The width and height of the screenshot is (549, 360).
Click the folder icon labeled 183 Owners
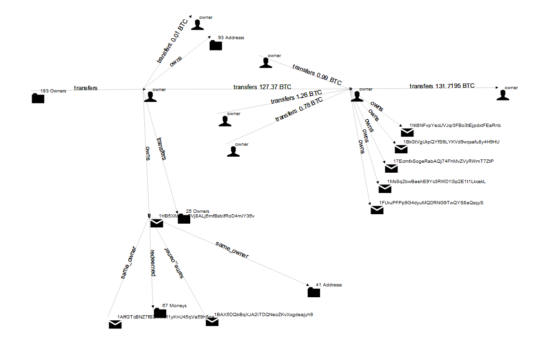(x=38, y=98)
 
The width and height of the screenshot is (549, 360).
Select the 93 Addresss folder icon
(x=216, y=45)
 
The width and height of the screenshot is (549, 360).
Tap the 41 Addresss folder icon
(x=313, y=293)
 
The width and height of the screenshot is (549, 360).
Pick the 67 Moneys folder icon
(x=160, y=313)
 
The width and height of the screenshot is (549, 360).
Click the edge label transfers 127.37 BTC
(x=262, y=87)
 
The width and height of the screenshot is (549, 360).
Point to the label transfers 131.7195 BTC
(x=442, y=86)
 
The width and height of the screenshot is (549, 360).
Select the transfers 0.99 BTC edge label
(x=317, y=75)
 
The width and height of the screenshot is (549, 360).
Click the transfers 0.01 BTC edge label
(x=172, y=42)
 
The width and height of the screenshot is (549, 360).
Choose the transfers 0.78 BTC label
(x=299, y=109)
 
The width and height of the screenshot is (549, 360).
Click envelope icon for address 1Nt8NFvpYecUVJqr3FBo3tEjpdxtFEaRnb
(x=407, y=133)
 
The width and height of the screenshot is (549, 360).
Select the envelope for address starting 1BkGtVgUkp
(x=401, y=149)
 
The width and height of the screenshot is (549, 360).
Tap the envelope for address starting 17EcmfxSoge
(x=391, y=168)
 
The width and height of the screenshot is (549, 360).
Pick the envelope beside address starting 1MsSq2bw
(x=385, y=189)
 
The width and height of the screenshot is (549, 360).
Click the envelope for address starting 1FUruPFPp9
(x=377, y=210)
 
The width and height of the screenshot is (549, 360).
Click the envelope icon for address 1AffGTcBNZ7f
(x=115, y=324)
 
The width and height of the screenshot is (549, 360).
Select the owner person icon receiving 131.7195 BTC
(x=504, y=95)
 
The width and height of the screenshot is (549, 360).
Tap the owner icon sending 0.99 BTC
(x=266, y=63)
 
